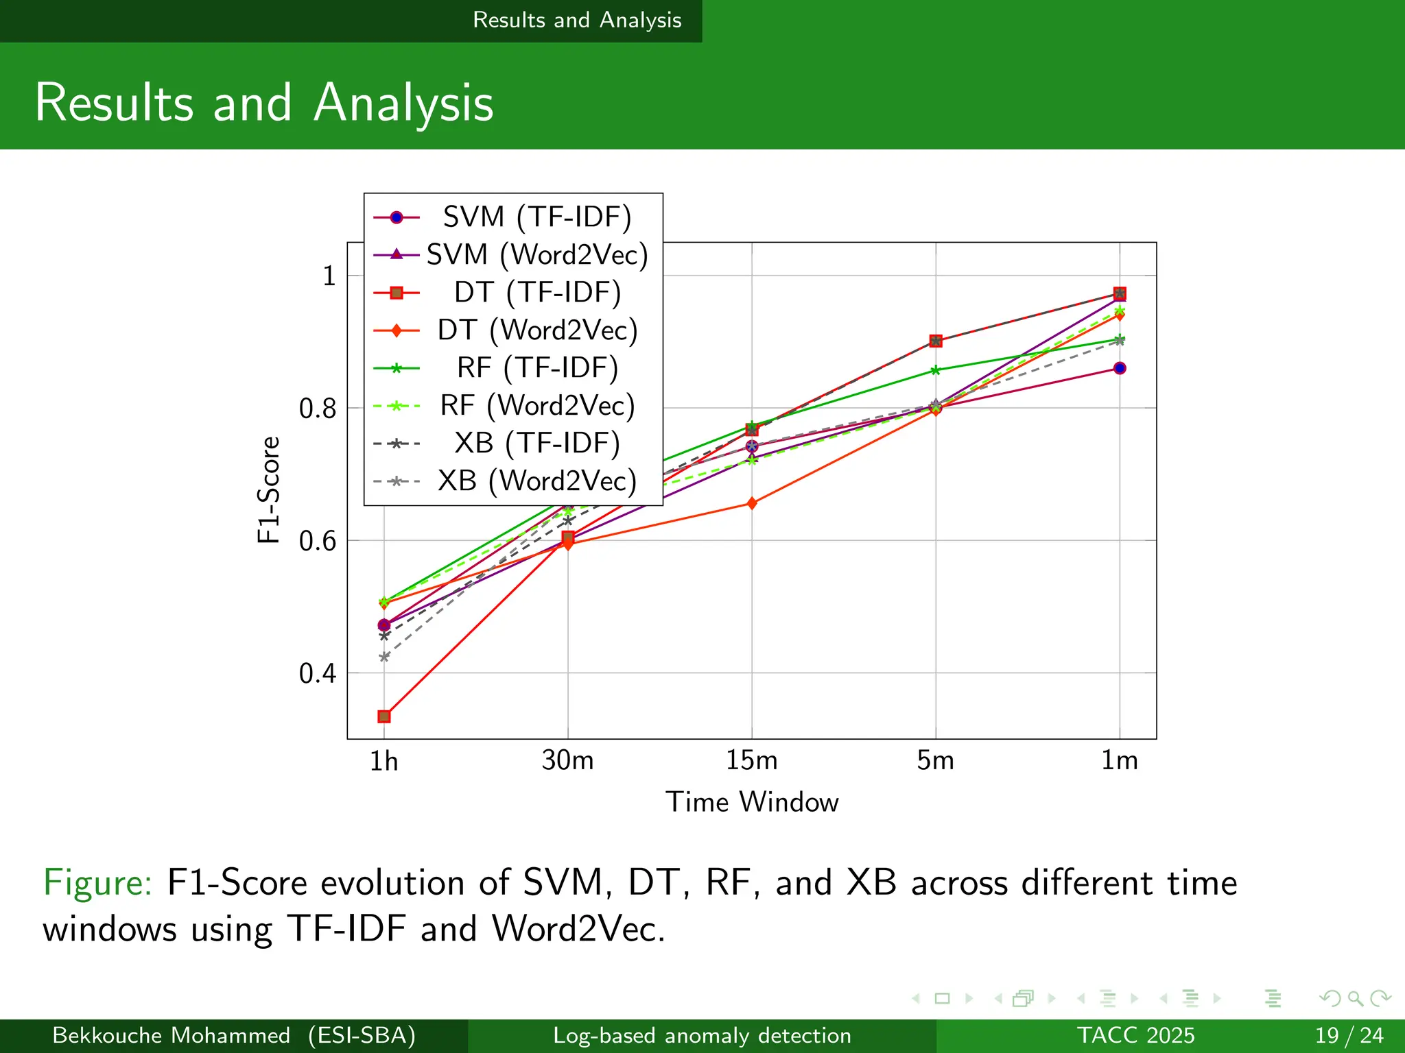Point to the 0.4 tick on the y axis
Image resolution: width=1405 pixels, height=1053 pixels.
(318, 673)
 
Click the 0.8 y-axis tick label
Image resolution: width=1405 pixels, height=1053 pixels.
(318, 409)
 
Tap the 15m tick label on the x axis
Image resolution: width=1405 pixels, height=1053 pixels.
(752, 760)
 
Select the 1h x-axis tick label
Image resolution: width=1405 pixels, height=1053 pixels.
(383, 761)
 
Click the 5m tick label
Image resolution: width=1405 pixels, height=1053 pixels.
(936, 760)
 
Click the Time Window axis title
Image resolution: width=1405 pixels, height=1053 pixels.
(752, 802)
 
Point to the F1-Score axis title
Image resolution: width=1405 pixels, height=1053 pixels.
(269, 490)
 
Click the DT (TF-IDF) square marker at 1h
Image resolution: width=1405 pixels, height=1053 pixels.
(384, 716)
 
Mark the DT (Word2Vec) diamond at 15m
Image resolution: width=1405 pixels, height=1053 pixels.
(752, 504)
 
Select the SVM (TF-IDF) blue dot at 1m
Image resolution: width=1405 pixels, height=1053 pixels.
(1120, 368)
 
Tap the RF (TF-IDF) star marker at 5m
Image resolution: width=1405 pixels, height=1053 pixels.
(936, 371)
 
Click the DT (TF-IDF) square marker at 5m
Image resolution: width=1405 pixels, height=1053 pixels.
(936, 341)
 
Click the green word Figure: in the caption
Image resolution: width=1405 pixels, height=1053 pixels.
(97, 882)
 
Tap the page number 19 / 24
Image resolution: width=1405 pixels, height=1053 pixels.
(1349, 1035)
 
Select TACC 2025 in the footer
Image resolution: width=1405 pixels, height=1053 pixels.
(1135, 1035)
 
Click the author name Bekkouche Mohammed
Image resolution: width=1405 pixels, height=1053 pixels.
(171, 1035)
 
